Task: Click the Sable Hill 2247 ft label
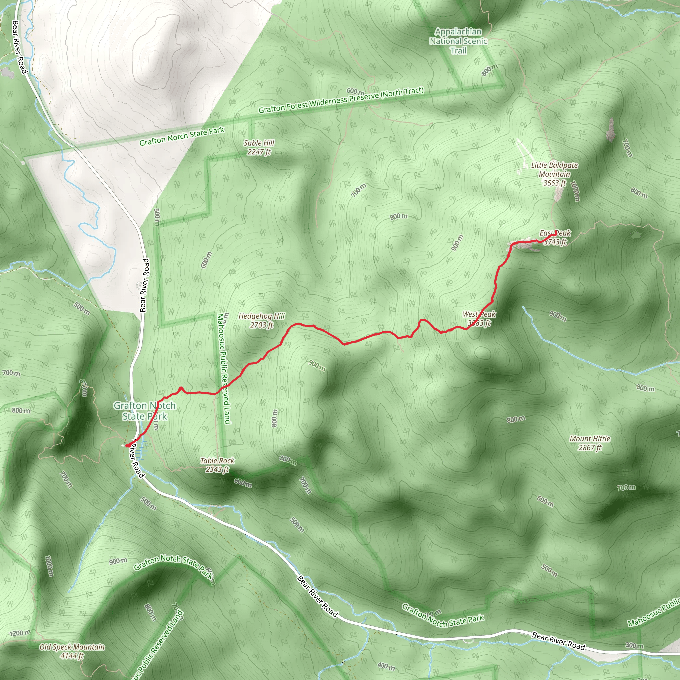259,147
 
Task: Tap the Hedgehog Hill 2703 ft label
262,321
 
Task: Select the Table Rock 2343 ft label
217,465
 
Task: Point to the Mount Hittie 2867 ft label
590,443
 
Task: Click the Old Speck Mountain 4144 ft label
72,651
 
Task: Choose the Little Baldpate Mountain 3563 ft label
554,174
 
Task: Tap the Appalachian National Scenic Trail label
458,41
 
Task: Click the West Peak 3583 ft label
479,318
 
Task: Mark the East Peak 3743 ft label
555,238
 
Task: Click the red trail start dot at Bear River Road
127,446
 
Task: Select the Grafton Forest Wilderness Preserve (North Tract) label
341,100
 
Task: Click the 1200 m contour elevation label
20,633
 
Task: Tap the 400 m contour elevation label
386,666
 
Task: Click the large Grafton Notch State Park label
145,411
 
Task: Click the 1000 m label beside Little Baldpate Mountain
575,191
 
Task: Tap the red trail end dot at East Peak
556,232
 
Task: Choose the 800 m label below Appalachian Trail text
490,70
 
